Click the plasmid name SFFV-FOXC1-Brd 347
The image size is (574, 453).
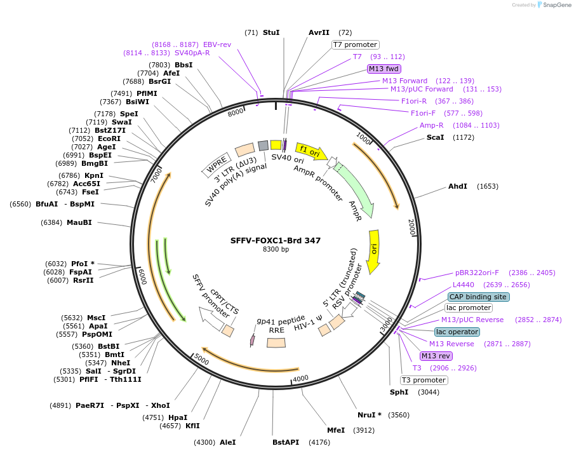pyautogui.click(x=275, y=240)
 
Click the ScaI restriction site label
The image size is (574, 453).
pyautogui.click(x=435, y=137)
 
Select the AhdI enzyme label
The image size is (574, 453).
pyautogui.click(x=457, y=186)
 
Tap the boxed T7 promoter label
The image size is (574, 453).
pyautogui.click(x=356, y=44)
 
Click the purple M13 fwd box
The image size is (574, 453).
pyautogui.click(x=384, y=69)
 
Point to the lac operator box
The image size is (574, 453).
pyautogui.click(x=457, y=332)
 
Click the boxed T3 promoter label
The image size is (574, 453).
pyautogui.click(x=424, y=380)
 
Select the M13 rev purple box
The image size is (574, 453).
pyautogui.click(x=436, y=356)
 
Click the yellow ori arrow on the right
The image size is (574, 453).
pyautogui.click(x=373, y=250)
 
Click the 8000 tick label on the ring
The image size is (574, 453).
pyautogui.click(x=236, y=112)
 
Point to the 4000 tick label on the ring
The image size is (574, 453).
pyautogui.click(x=300, y=379)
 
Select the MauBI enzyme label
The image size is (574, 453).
pyautogui.click(x=79, y=222)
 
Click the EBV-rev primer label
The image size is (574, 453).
pyautogui.click(x=217, y=44)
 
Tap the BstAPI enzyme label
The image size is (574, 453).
pyautogui.click(x=286, y=442)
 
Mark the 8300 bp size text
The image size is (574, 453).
pyautogui.click(x=276, y=250)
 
